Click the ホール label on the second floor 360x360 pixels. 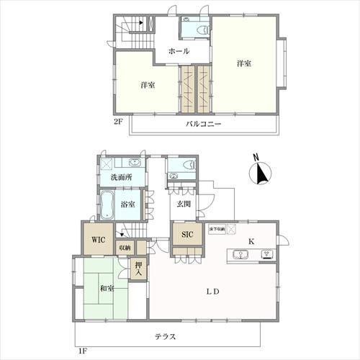(179, 52)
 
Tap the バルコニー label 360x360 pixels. (203, 124)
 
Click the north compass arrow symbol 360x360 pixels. (260, 173)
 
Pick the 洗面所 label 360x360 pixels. (120, 177)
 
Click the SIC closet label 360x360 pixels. (186, 235)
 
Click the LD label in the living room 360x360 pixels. (213, 292)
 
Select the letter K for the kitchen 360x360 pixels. (252, 240)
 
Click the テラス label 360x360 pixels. (167, 337)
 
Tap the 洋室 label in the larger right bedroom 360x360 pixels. (243, 64)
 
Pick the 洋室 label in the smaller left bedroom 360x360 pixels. (148, 86)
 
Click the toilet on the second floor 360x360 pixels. (193, 27)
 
